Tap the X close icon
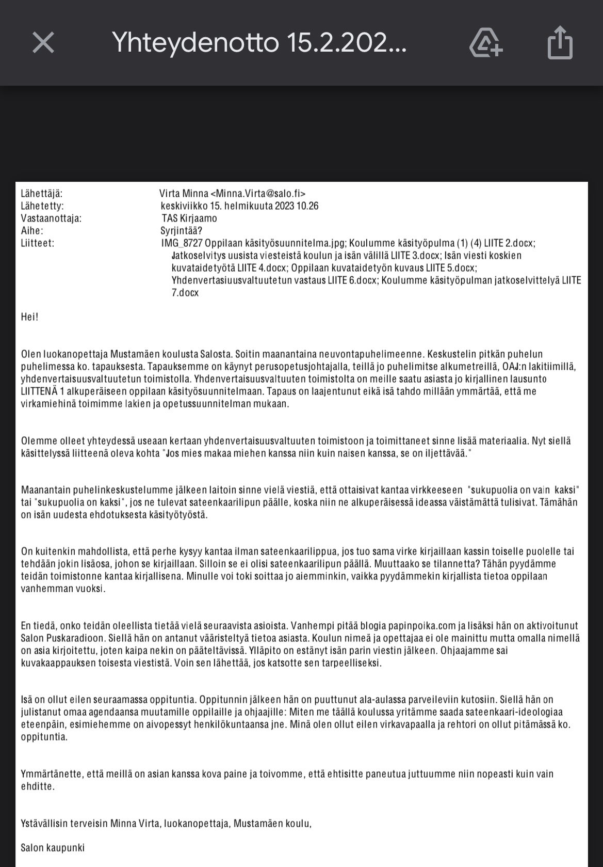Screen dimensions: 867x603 [x=43, y=42]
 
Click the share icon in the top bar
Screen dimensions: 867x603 [x=560, y=43]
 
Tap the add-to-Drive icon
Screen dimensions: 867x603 [x=485, y=43]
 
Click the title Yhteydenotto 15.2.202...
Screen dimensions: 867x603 [x=259, y=43]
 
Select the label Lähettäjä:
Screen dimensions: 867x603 [x=42, y=194]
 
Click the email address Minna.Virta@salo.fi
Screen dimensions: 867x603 [x=258, y=194]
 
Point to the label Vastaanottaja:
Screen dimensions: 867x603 [x=51, y=218]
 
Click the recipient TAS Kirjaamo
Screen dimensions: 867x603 [x=189, y=218]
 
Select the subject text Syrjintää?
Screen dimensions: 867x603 [x=182, y=231]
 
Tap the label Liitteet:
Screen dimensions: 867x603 [x=38, y=243]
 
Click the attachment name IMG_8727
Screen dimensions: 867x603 [x=182, y=243]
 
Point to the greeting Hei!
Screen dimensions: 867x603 [x=30, y=317]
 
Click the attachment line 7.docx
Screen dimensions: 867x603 [x=185, y=293]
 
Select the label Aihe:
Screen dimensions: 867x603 [x=32, y=231]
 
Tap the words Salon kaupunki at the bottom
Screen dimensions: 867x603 [x=53, y=847]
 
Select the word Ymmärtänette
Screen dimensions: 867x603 [x=52, y=774]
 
